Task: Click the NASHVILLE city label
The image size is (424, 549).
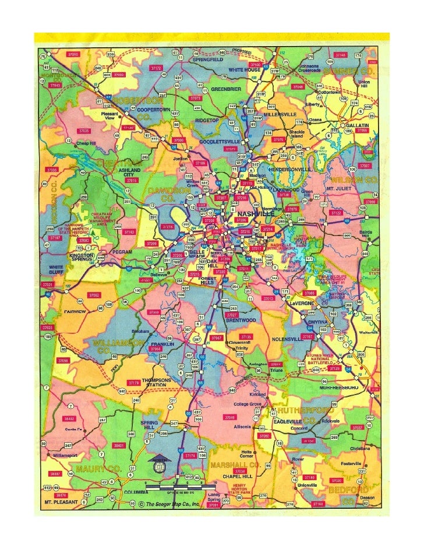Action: (255, 214)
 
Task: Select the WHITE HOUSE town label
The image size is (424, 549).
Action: (244, 70)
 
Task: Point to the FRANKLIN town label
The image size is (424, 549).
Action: (163, 344)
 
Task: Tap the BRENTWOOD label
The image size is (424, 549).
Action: (241, 320)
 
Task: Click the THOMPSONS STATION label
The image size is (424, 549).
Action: (157, 382)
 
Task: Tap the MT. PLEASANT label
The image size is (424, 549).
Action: (62, 501)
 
